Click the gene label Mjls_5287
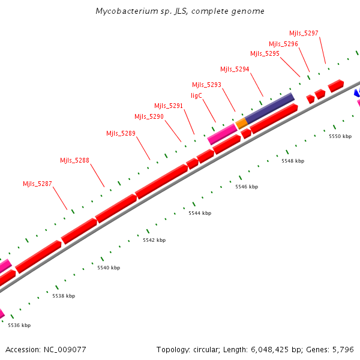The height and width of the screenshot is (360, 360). click(x=37, y=184)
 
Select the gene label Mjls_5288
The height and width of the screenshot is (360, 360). click(x=74, y=160)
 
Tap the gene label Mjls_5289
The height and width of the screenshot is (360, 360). click(x=121, y=133)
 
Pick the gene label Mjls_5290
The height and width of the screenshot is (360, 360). click(x=149, y=116)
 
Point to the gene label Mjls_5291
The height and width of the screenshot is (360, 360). click(x=169, y=106)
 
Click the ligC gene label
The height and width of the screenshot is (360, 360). click(x=197, y=95)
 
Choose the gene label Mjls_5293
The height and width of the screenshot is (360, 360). click(x=206, y=85)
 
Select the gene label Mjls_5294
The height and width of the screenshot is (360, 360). click(x=235, y=69)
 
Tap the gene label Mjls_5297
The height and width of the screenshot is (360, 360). click(x=304, y=33)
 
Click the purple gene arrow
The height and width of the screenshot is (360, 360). click(x=269, y=106)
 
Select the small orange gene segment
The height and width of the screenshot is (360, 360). click(x=241, y=123)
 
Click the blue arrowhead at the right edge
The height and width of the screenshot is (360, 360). click(x=356, y=92)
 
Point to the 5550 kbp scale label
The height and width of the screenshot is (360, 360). click(x=340, y=136)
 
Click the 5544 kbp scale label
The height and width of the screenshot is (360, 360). click(x=200, y=213)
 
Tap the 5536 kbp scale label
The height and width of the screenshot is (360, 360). click(x=19, y=325)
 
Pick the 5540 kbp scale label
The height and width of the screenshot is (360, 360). click(x=109, y=268)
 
